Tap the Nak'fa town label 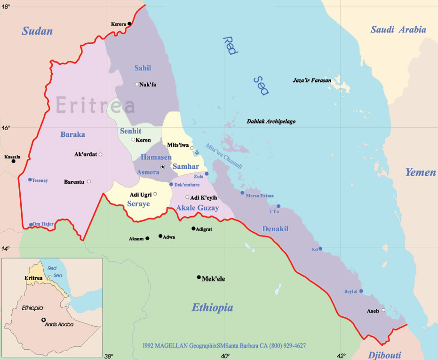click(147, 85)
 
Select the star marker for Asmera click(163, 167)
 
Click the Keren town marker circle click(133, 140)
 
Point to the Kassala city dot click(14, 161)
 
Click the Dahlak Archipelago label click(271, 121)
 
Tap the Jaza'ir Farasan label click(312, 80)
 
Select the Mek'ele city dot click(199, 277)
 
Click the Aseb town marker click(383, 310)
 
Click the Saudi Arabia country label click(398, 30)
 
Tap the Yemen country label click(420, 172)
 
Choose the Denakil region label click(275, 229)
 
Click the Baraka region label click(72, 134)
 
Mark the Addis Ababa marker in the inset click(43, 320)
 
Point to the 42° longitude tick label click(341, 356)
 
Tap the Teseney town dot click(30, 180)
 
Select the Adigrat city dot click(193, 228)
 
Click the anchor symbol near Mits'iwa click(197, 152)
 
